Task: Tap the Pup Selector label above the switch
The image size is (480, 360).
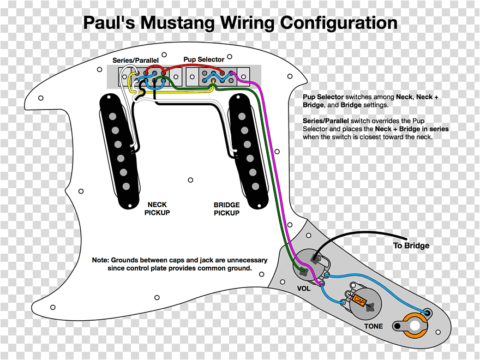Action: coord(203,59)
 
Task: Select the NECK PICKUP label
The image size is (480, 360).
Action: coord(157,209)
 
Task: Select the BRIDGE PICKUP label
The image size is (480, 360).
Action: coord(226,209)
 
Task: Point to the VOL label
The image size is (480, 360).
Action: coord(304,288)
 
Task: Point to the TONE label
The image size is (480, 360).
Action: coord(374,326)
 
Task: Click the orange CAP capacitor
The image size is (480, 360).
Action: coord(359,300)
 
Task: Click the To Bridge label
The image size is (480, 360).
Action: coord(411,245)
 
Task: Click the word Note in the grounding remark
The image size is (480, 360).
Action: coord(101,260)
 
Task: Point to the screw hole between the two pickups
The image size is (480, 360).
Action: coord(190,179)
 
